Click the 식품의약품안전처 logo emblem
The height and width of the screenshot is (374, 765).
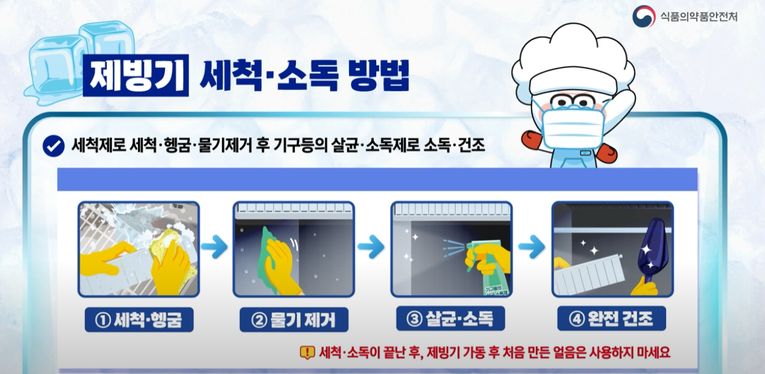coord(643,16)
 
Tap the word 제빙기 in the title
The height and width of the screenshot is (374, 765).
coord(136,75)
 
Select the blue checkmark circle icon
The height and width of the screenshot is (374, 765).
coord(54,145)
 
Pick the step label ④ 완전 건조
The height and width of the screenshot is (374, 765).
coord(611,319)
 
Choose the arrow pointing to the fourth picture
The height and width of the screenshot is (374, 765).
coord(531,246)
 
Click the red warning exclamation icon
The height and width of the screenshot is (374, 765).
coord(307,352)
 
